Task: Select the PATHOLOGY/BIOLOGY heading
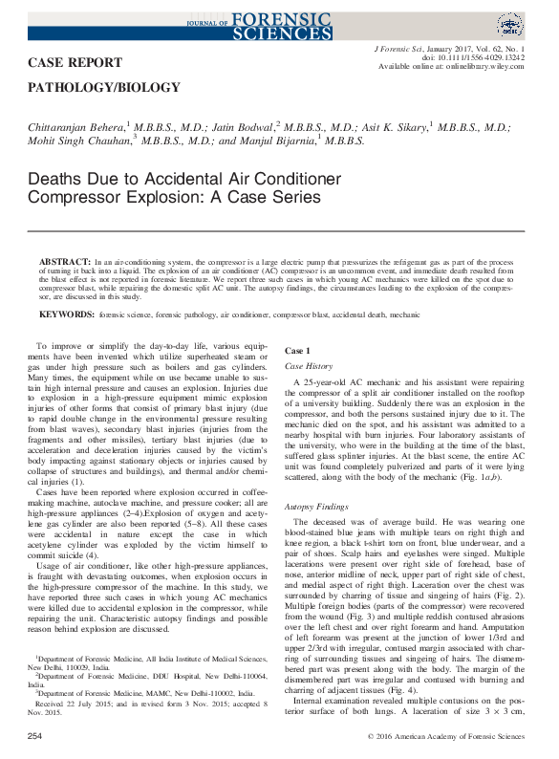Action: pyautogui.click(x=105, y=88)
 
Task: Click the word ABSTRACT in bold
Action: pyautogui.click(x=64, y=260)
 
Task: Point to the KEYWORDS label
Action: pyautogui.click(x=65, y=314)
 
